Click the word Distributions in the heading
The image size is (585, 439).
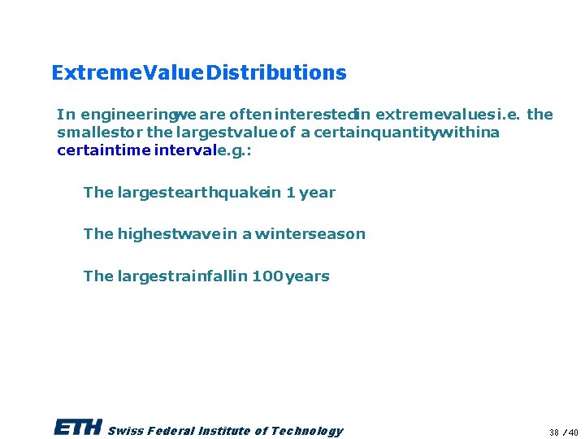[x=276, y=73]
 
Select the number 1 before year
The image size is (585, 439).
[x=290, y=193]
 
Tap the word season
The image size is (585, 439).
[x=336, y=234]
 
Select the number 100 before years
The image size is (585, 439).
[x=267, y=276]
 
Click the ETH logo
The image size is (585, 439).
[x=77, y=428]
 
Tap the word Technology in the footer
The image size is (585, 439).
[x=307, y=431]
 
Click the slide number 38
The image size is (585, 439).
[x=554, y=432]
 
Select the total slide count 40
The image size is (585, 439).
[x=574, y=432]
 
